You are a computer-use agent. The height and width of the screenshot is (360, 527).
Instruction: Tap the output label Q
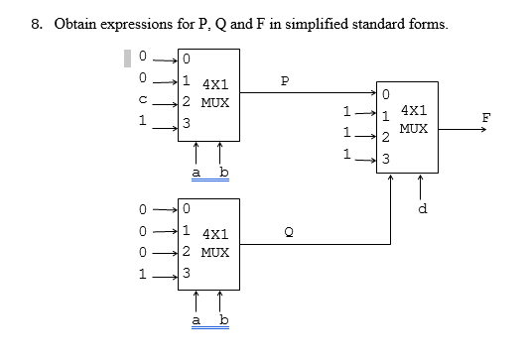pos(289,232)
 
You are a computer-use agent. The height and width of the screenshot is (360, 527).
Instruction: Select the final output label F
pos(486,117)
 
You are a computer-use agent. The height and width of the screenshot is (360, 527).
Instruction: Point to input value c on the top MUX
pos(144,99)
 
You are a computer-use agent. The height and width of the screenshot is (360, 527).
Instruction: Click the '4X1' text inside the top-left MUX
pos(217,87)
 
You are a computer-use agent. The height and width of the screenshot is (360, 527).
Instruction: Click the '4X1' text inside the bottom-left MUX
pos(217,235)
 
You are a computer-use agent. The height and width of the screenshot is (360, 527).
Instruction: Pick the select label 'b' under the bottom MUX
pos(222,320)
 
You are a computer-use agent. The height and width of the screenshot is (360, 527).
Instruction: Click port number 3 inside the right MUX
pos(386,159)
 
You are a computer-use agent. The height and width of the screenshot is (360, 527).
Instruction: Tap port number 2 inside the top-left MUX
pos(186,101)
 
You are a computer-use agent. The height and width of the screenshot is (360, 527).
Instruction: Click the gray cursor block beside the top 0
pos(127,57)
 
